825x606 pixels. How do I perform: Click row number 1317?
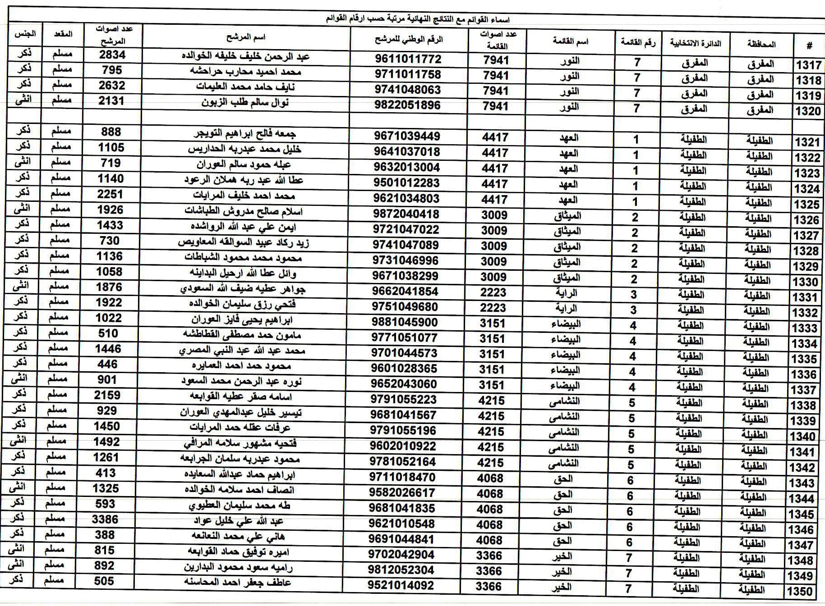click(x=808, y=65)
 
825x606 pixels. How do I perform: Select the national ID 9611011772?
click(x=408, y=59)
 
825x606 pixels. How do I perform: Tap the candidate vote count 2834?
click(x=112, y=55)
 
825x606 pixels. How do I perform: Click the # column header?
click(x=809, y=46)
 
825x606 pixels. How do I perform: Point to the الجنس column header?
click(x=25, y=34)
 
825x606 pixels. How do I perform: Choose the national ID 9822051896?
click(x=407, y=105)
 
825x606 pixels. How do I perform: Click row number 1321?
click(x=807, y=142)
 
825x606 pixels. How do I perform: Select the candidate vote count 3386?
click(x=105, y=519)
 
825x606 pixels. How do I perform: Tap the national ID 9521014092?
click(x=401, y=585)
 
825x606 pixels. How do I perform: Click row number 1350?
click(x=800, y=591)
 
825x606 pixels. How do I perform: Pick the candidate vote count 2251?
click(x=110, y=194)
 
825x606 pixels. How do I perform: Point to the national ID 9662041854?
click(x=405, y=292)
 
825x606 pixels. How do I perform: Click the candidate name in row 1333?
click(x=242, y=320)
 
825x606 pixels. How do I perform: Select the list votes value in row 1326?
click(x=494, y=215)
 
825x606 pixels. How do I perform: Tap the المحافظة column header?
click(x=761, y=44)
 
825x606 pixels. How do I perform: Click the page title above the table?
click(x=417, y=19)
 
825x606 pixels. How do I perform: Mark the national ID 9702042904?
click(x=401, y=555)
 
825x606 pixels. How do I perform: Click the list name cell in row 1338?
click(x=564, y=401)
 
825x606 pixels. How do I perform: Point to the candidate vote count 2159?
click(x=107, y=395)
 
